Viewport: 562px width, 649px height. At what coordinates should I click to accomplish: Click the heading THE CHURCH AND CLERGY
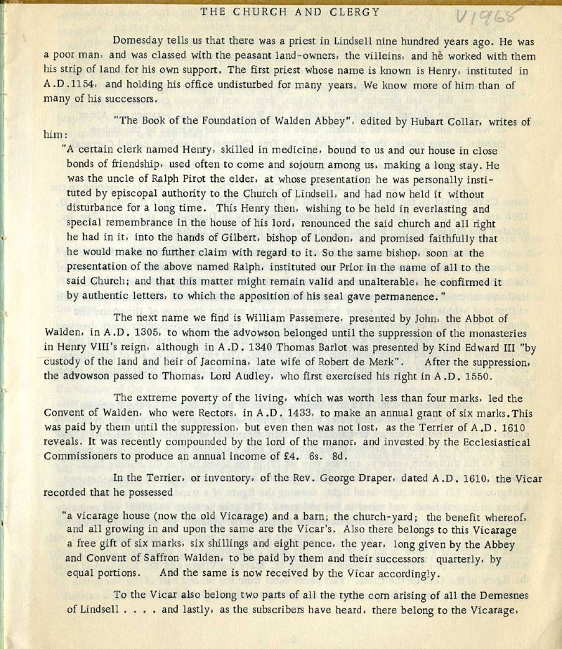coord(290,11)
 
